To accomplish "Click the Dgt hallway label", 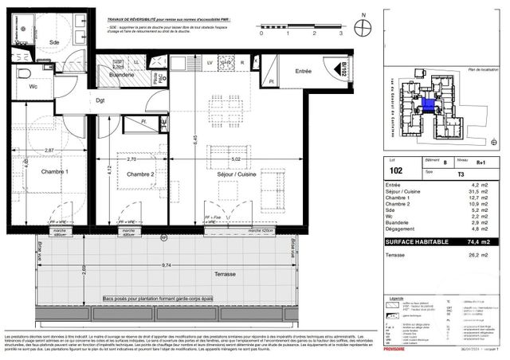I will point(100,100).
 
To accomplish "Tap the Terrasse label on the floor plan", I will point(226,274).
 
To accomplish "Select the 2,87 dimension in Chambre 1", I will point(49,151).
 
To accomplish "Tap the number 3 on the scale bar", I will point(340,35).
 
